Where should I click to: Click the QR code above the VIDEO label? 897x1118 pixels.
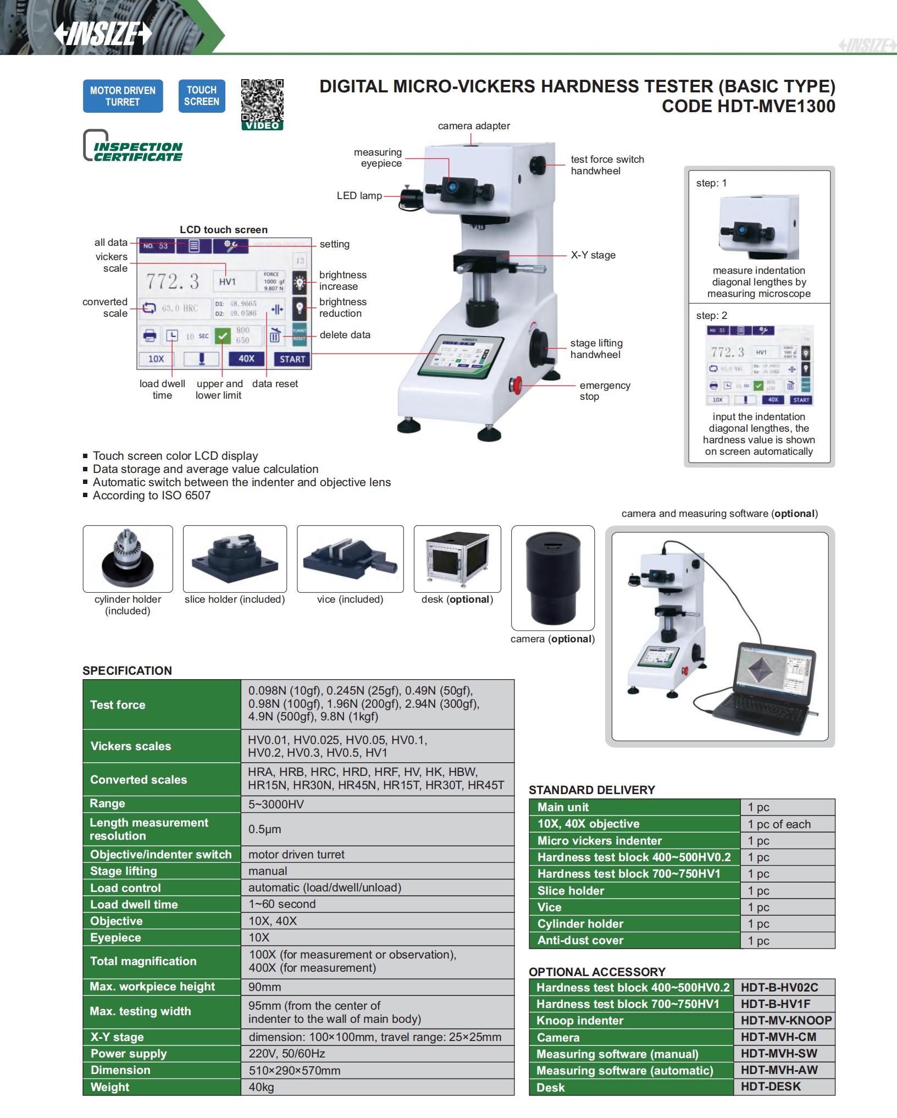click(x=262, y=100)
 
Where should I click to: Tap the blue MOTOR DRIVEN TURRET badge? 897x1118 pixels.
click(x=123, y=96)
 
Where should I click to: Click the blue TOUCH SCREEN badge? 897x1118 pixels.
click(x=202, y=96)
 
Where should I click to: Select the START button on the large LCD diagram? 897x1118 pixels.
click(x=292, y=359)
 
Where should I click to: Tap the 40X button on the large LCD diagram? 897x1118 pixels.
click(x=246, y=359)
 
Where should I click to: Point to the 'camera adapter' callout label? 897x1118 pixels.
click(x=474, y=126)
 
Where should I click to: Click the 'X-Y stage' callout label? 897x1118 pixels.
click(x=593, y=255)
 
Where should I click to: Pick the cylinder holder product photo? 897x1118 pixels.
click(x=128, y=559)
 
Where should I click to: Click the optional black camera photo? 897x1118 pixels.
click(x=552, y=577)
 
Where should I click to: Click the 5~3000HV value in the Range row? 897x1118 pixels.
click(x=275, y=804)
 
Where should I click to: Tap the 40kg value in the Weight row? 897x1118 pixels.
click(x=261, y=1087)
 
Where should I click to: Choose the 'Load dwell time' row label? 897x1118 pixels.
click(x=134, y=904)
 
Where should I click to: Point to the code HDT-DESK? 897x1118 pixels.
click(x=771, y=1087)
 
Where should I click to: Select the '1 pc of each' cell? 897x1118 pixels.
click(x=779, y=824)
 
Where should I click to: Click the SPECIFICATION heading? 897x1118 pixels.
click(x=127, y=670)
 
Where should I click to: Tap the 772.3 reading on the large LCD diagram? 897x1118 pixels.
click(x=173, y=282)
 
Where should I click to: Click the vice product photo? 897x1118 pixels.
click(x=350, y=559)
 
